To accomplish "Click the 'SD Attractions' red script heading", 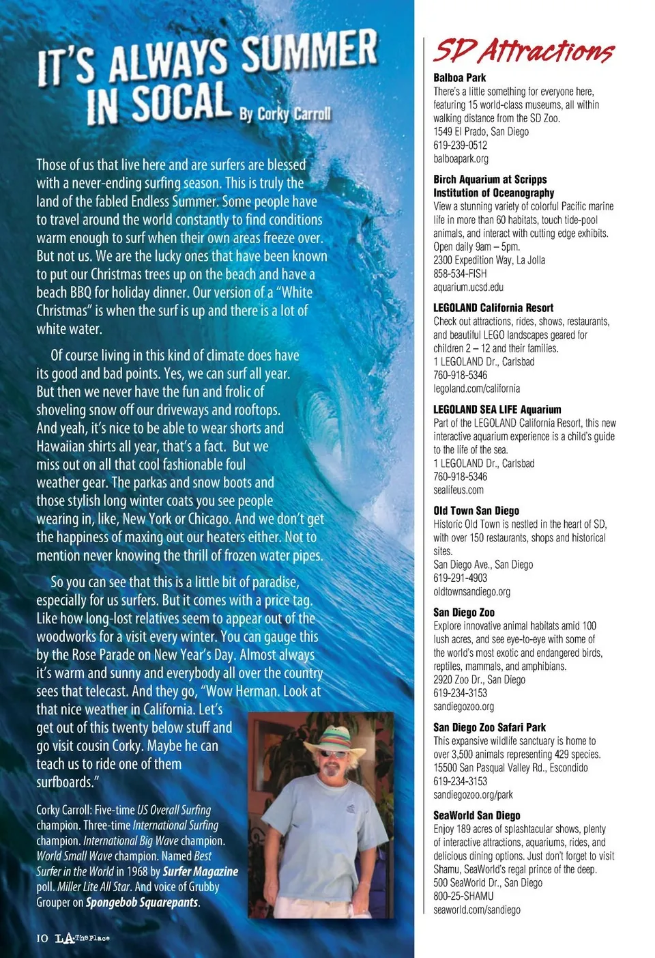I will point(523,51).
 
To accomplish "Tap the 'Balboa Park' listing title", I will point(459,78).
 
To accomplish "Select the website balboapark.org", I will point(461,159).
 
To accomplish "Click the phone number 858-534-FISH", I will point(460,274).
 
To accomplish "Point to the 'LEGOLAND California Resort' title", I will point(493,308).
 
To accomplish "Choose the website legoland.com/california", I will point(476,389).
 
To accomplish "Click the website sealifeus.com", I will point(458,490).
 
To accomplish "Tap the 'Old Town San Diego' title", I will point(476,511).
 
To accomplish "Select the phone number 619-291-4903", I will point(460,578).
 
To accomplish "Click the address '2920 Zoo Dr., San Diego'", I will point(479,679).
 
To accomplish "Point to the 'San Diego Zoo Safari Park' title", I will point(489,727).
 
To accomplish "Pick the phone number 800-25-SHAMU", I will point(463,896).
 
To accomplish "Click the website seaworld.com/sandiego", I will point(476,910).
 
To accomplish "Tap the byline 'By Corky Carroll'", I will point(285,114).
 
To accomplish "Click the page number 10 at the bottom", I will point(42,938).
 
